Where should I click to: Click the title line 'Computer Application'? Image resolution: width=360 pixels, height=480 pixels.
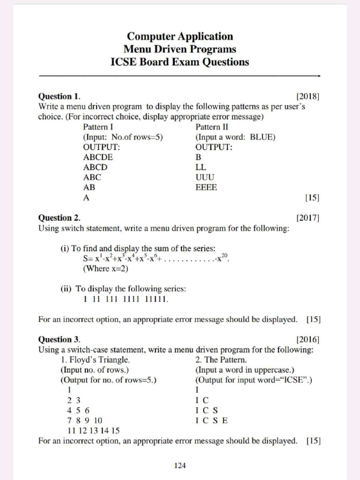point(180,37)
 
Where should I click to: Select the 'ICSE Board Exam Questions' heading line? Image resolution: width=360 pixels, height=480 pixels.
point(180,62)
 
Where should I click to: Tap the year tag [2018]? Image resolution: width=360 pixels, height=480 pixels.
point(308,97)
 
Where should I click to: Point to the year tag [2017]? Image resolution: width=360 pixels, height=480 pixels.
point(308,218)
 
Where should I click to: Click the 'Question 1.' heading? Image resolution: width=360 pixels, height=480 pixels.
point(59,97)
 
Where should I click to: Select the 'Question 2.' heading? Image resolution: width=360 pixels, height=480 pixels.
point(59,218)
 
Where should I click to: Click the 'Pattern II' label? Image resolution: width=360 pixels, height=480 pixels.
point(212,127)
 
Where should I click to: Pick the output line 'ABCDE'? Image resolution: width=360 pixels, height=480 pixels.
point(98,157)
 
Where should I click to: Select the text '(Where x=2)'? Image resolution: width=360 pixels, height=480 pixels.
point(105,269)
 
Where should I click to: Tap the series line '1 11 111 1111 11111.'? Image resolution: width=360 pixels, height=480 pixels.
point(126,299)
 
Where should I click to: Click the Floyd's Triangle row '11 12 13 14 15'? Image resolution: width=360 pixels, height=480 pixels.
point(94,431)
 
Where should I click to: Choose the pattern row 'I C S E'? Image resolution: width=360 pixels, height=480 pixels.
point(211,420)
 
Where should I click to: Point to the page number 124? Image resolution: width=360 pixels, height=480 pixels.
point(180,465)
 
